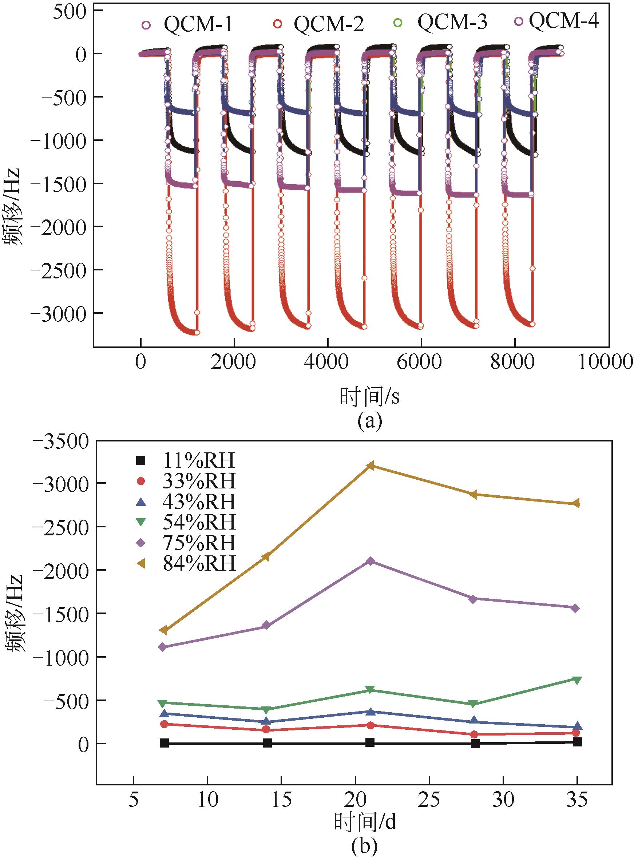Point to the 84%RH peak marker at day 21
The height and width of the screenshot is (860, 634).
click(370, 466)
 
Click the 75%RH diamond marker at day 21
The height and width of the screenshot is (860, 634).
click(370, 562)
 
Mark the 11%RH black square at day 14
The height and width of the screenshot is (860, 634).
click(267, 743)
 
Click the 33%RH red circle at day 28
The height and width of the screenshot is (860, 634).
click(474, 734)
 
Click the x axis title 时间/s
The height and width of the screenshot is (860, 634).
click(369, 397)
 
